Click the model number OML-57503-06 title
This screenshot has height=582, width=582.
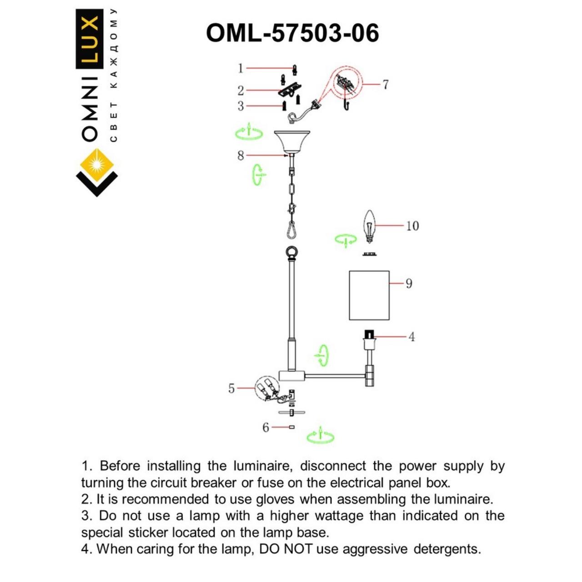coord(292,33)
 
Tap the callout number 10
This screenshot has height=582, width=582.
coord(412,226)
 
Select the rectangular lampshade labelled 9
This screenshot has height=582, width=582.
coord(369,296)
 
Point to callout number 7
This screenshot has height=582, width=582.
coord(386,85)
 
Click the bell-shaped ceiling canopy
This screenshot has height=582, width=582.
coord(292,141)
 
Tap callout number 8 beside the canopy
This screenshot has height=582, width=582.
coord(241,156)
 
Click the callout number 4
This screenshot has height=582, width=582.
coord(411,337)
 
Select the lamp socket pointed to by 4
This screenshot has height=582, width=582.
coord(369,339)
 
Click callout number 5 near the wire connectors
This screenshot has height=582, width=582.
coord(231,388)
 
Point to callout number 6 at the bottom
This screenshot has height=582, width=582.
coord(266,427)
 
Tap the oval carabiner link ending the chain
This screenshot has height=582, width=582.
coord(291,230)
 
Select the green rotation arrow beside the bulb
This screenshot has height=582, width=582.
coord(346,240)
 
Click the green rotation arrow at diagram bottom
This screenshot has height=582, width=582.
coord(320,436)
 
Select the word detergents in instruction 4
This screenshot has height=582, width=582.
coord(447,549)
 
